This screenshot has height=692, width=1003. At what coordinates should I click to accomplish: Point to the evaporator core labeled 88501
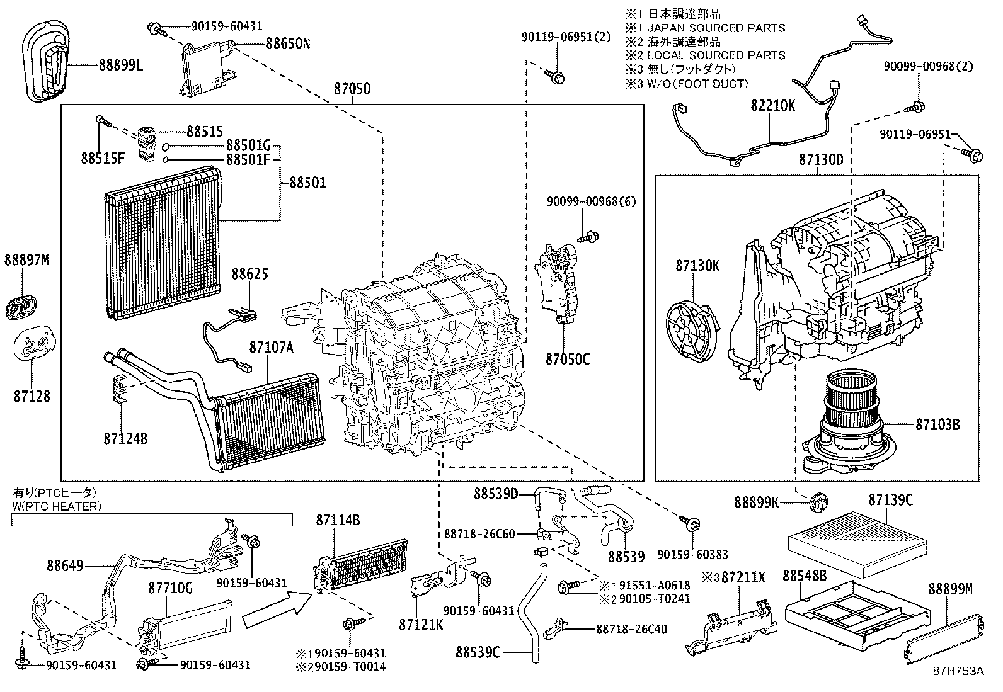click(x=163, y=242)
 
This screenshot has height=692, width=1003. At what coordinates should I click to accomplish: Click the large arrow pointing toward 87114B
click(x=277, y=609)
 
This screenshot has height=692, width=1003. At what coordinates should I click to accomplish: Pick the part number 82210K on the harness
click(x=772, y=105)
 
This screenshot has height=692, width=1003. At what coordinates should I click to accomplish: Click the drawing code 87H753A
click(x=958, y=671)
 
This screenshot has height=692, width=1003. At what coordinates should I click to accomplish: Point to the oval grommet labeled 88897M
click(x=21, y=305)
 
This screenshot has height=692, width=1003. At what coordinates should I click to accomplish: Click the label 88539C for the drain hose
click(x=478, y=652)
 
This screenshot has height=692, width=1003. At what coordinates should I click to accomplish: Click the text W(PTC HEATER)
click(x=56, y=506)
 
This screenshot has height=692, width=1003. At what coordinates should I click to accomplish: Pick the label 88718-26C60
click(x=479, y=534)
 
